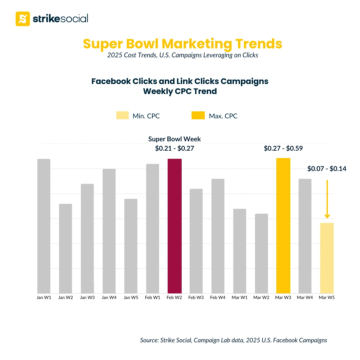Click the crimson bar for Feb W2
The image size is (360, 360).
[175, 226]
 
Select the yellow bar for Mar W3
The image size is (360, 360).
[283, 226]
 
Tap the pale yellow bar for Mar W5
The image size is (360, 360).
[327, 258]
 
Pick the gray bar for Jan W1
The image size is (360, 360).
[44, 226]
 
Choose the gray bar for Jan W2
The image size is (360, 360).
[65, 248]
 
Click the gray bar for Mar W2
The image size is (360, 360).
[261, 253]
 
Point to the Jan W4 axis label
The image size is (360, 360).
[109, 298]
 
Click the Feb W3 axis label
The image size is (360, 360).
[196, 298]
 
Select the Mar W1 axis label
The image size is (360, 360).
[240, 298]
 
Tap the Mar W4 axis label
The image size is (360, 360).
[305, 298]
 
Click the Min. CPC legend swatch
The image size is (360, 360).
[123, 116]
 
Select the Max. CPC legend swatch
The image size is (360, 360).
[198, 116]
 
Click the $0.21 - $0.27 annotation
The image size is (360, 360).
[174, 149]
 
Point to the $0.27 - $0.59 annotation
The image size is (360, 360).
[283, 149]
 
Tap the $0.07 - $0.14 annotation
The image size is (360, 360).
[327, 169]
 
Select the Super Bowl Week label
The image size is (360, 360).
[174, 139]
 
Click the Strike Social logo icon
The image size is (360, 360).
[23, 19]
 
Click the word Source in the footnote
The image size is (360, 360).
[149, 340]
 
